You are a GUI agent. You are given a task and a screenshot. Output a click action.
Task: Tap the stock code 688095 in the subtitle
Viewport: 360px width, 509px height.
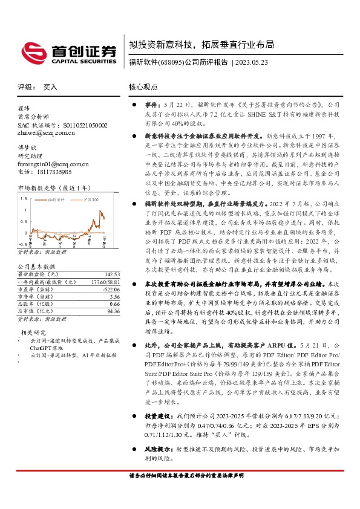point(169,62)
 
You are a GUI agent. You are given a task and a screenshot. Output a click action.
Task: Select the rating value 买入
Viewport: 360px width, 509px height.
point(50,87)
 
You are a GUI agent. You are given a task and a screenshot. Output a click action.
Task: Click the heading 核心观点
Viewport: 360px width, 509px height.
point(143,87)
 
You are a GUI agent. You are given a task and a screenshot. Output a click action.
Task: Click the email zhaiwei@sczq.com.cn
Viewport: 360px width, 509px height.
point(46,134)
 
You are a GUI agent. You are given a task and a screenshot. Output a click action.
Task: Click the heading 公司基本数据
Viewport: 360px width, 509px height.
point(36,267)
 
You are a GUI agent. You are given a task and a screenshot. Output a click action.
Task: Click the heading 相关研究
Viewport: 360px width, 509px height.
point(34,332)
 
